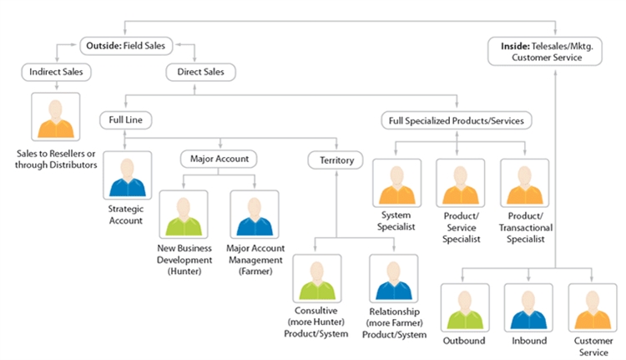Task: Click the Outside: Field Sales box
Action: tap(125, 43)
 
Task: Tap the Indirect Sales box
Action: tap(57, 72)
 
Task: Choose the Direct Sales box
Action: tap(194, 72)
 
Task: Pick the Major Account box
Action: tap(219, 157)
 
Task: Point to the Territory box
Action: tap(336, 159)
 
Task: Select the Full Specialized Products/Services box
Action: tap(457, 120)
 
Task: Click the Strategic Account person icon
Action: tap(126, 175)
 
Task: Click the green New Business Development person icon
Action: tap(183, 215)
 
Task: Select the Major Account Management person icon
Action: tap(255, 215)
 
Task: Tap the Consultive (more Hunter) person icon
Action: tap(316, 278)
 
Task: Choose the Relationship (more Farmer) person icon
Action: tap(394, 278)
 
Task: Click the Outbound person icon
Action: tap(465, 307)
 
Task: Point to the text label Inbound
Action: tap(528, 341)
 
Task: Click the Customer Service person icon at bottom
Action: tap(592, 307)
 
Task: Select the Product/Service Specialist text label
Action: tap(461, 227)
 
